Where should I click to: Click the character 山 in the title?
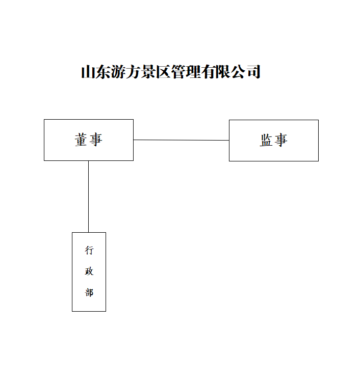point(88,72)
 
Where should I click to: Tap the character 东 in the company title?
point(103,72)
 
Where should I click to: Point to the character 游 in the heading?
point(118,72)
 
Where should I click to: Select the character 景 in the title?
point(148,72)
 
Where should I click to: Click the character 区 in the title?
point(163,72)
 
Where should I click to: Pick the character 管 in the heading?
point(178,72)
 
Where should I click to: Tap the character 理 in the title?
point(193,72)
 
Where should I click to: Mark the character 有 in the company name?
point(208,72)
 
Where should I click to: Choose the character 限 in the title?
point(223,72)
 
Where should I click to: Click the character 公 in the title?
point(238,72)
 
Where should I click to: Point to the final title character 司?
point(253,72)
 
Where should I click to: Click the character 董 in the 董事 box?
point(81,140)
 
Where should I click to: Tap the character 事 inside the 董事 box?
point(96,140)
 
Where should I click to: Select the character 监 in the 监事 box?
point(266,141)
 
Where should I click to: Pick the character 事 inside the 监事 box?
point(281,141)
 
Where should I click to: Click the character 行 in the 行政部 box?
point(89,251)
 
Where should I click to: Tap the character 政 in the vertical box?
point(89,271)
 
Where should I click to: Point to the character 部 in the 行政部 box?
point(89,292)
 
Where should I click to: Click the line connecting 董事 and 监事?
point(181,140)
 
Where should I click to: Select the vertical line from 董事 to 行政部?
point(88,197)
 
